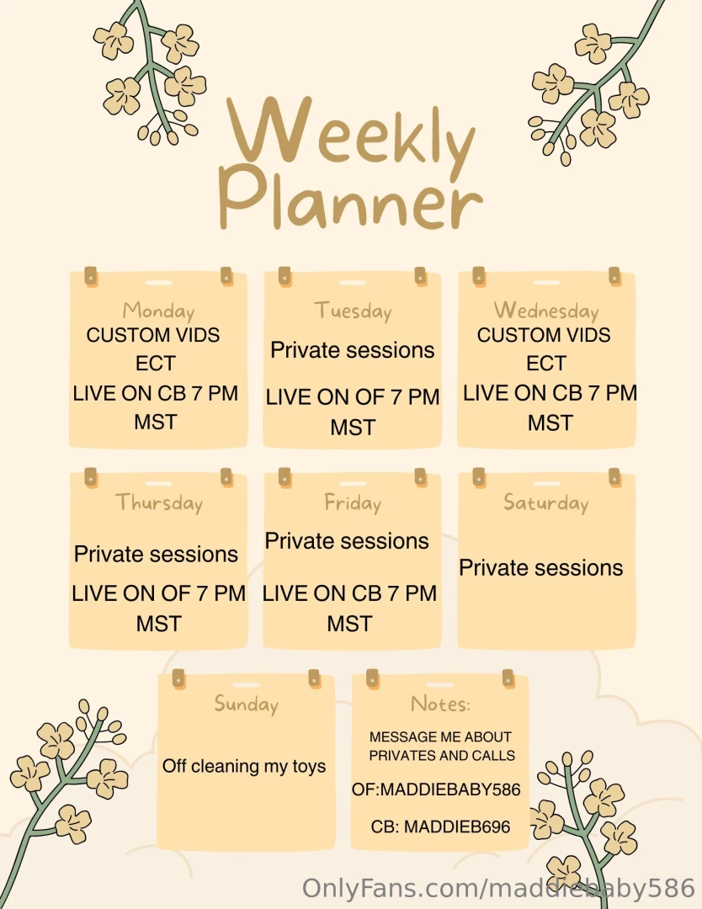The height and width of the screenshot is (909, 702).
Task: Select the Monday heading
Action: pyautogui.click(x=158, y=311)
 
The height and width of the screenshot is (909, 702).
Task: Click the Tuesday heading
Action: pyautogui.click(x=353, y=311)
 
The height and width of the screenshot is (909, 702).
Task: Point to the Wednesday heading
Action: pyautogui.click(x=545, y=311)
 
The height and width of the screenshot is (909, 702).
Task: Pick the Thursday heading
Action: pyautogui.click(x=159, y=502)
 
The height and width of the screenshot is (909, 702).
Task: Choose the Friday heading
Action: pyautogui.click(x=353, y=502)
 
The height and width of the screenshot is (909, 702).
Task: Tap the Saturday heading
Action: pyautogui.click(x=545, y=502)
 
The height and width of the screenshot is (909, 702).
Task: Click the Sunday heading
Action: pyautogui.click(x=246, y=704)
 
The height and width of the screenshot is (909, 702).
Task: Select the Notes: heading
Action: pyautogui.click(x=440, y=704)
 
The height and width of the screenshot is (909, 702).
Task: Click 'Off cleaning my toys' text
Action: pyautogui.click(x=244, y=767)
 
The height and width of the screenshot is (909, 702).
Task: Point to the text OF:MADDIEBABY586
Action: pyautogui.click(x=436, y=789)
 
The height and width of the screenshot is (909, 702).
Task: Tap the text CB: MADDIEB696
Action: pyautogui.click(x=440, y=827)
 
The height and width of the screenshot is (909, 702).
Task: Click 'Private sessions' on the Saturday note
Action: pyautogui.click(x=540, y=567)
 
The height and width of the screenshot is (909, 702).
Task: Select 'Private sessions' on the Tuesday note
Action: pyautogui.click(x=352, y=350)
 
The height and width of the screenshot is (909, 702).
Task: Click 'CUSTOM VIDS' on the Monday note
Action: pyautogui.click(x=153, y=335)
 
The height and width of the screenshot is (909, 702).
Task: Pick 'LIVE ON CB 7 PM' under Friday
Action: pyautogui.click(x=349, y=593)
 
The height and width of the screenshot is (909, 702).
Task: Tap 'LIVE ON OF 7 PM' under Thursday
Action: pyautogui.click(x=158, y=593)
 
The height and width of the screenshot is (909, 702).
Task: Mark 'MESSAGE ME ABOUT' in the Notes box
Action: pyautogui.click(x=440, y=736)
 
